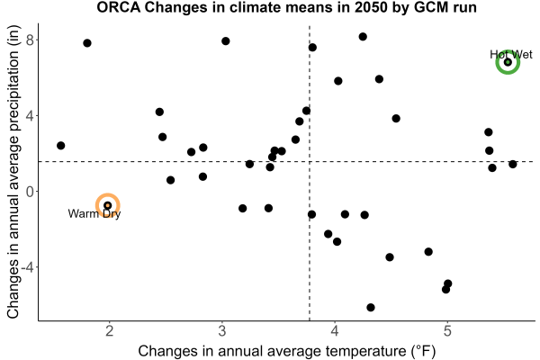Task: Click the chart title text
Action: [286, 7]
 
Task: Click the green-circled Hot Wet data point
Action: [508, 62]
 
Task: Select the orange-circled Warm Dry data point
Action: [107, 206]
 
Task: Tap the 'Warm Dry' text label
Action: [94, 214]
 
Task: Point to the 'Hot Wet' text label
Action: [511, 54]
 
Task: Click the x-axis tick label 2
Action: [110, 331]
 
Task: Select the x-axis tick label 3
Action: [222, 331]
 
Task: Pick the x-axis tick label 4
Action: [335, 331]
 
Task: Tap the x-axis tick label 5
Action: [447, 331]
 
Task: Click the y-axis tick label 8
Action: [31, 40]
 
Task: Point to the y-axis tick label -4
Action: [28, 267]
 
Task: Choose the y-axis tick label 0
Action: [31, 192]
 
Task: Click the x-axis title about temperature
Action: [287, 351]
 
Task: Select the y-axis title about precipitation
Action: [13, 172]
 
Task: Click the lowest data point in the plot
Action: [371, 307]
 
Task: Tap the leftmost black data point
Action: [60, 146]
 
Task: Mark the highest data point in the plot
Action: [363, 37]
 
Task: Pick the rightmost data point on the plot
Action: [513, 165]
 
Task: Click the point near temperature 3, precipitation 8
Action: [226, 41]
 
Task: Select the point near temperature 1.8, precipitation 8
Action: [87, 43]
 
